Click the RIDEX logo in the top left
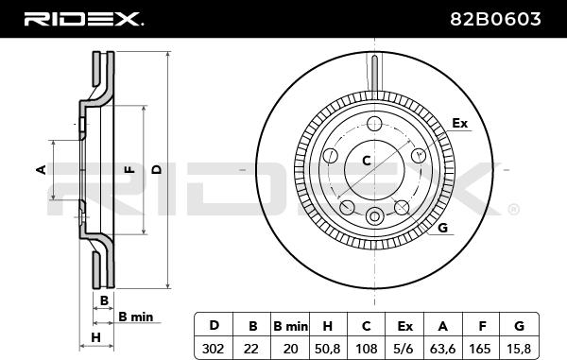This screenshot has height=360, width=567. coord(83,18)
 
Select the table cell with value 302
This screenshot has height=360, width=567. coord(213,347)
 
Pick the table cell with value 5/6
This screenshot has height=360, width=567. coord(405,347)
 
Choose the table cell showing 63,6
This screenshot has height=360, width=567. coord(444,347)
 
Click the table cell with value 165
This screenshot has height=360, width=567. coord(483,347)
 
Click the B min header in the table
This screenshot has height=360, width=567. coord(290,326)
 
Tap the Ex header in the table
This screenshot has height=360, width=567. coord(405,326)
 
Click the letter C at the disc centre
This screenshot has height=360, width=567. coord(368,161)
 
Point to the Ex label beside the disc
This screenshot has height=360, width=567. coord(460,124)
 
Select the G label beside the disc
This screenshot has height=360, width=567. coord(442,228)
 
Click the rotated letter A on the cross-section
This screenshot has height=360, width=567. coord(41,170)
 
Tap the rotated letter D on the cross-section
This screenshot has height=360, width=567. coord(157,170)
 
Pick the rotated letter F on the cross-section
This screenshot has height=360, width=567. coord(129,170)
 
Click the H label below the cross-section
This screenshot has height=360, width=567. coord(95,336)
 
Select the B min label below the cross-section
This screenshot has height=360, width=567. coord(135,317)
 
